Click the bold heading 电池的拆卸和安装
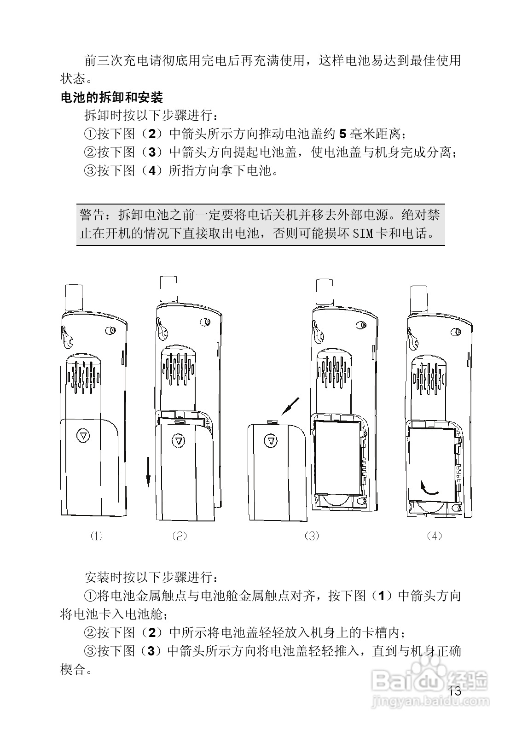pyautogui.click(x=112, y=98)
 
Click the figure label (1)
pyautogui.click(x=96, y=536)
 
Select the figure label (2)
pyautogui.click(x=179, y=536)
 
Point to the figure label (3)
pyautogui.click(x=312, y=536)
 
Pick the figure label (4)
pyautogui.click(x=434, y=536)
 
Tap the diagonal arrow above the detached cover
pyautogui.click(x=290, y=406)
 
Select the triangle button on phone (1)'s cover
pyautogui.click(x=83, y=435)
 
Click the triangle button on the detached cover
pyautogui.click(x=271, y=441)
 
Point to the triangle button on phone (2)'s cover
pyautogui.click(x=178, y=440)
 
